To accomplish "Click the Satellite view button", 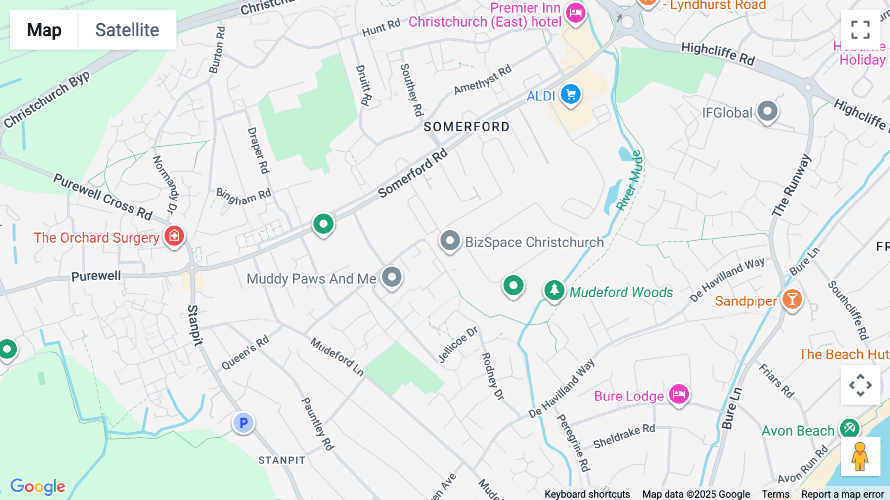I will tap(127, 30).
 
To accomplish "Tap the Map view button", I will tap(44, 30).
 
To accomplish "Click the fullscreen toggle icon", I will tap(860, 30).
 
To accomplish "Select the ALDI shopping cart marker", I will tap(571, 94).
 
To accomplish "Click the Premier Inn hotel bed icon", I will tap(576, 12).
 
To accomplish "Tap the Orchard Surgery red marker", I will tap(174, 236).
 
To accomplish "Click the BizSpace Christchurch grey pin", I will tap(450, 241).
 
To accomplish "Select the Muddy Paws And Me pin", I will tap(392, 277).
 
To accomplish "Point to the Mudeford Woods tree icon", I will tap(554, 290).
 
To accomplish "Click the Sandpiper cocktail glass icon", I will tap(792, 299).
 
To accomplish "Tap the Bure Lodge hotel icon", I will tap(679, 395).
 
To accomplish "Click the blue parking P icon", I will tap(243, 423).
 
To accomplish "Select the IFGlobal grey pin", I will tap(767, 112).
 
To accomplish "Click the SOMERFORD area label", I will tap(466, 127).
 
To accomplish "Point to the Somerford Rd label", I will tap(413, 173).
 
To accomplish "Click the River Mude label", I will tap(629, 181).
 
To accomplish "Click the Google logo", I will tap(38, 486).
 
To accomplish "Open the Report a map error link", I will tap(843, 494).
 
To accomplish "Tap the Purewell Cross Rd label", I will tap(103, 197).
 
